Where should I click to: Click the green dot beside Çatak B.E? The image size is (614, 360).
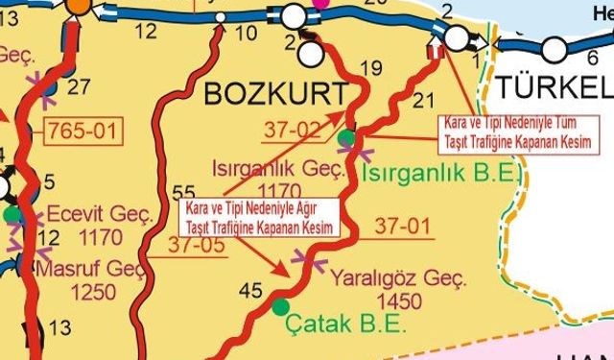280,306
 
